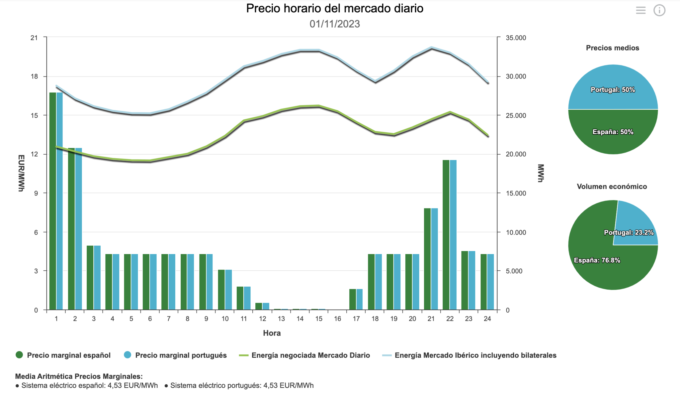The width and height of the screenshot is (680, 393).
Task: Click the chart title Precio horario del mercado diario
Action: pos(335,8)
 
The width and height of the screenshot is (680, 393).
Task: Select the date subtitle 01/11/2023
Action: pos(335,24)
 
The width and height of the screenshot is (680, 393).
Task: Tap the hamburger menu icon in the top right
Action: pos(640,10)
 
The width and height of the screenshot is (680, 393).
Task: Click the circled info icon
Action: pos(659,10)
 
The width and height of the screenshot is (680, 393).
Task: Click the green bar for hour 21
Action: pos(427,259)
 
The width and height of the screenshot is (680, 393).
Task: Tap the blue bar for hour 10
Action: pos(228,290)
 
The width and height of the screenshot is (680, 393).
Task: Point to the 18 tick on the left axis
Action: pos(34,76)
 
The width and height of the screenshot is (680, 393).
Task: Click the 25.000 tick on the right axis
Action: pos(516,115)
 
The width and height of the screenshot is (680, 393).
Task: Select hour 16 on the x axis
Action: pos(337,319)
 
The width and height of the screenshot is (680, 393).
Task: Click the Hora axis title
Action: pos(272,333)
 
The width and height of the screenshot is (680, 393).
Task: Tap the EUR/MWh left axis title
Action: pos(21,173)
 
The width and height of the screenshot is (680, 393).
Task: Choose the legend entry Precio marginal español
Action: pos(68,355)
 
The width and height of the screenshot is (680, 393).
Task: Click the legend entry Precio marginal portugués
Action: pos(181,355)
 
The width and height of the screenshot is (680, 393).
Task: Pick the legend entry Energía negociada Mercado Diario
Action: pos(310,355)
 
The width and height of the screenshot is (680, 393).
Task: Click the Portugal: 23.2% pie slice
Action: pos(633,223)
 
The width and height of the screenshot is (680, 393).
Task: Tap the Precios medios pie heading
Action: pos(612,48)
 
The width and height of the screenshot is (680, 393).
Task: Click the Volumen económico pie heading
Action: pos(612,187)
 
